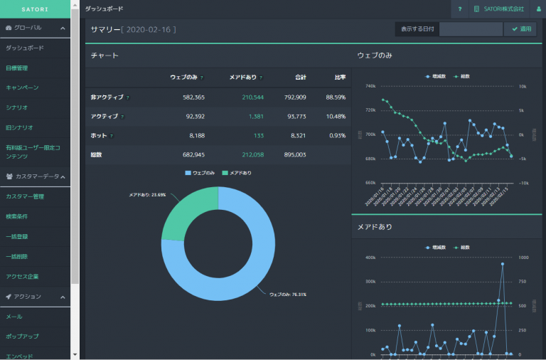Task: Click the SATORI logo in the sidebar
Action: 35,9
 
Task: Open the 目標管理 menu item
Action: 17,68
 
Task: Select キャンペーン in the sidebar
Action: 22,88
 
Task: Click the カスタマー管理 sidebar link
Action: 25,196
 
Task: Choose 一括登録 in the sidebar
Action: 17,236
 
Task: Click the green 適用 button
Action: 520,29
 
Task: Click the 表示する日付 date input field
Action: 471,29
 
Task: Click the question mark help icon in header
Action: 460,9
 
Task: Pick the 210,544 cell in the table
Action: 252,97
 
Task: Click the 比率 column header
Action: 340,78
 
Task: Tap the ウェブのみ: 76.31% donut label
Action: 288,294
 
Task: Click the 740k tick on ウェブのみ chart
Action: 370,86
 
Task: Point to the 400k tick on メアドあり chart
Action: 370,258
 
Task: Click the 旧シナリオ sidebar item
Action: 19,127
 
